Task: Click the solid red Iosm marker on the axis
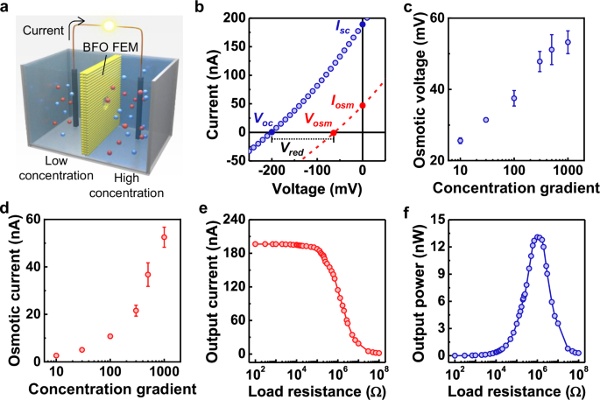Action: coord(364,106)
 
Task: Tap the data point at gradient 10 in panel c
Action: coord(460,140)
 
